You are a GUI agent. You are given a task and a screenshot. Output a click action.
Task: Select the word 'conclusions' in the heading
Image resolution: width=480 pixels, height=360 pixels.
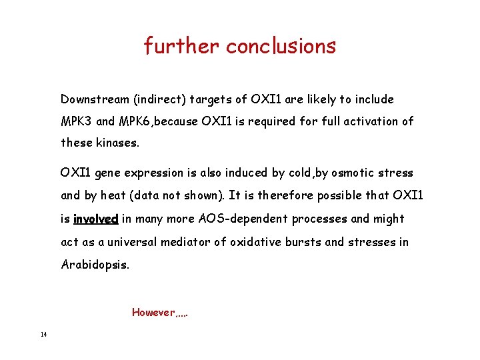(281, 46)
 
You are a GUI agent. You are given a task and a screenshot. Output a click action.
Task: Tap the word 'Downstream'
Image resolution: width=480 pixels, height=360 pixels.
(94, 99)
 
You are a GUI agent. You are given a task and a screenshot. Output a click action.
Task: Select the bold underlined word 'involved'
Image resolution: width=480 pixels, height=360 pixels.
(95, 219)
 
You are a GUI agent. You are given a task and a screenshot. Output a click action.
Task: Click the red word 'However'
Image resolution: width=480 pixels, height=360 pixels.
(152, 312)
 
